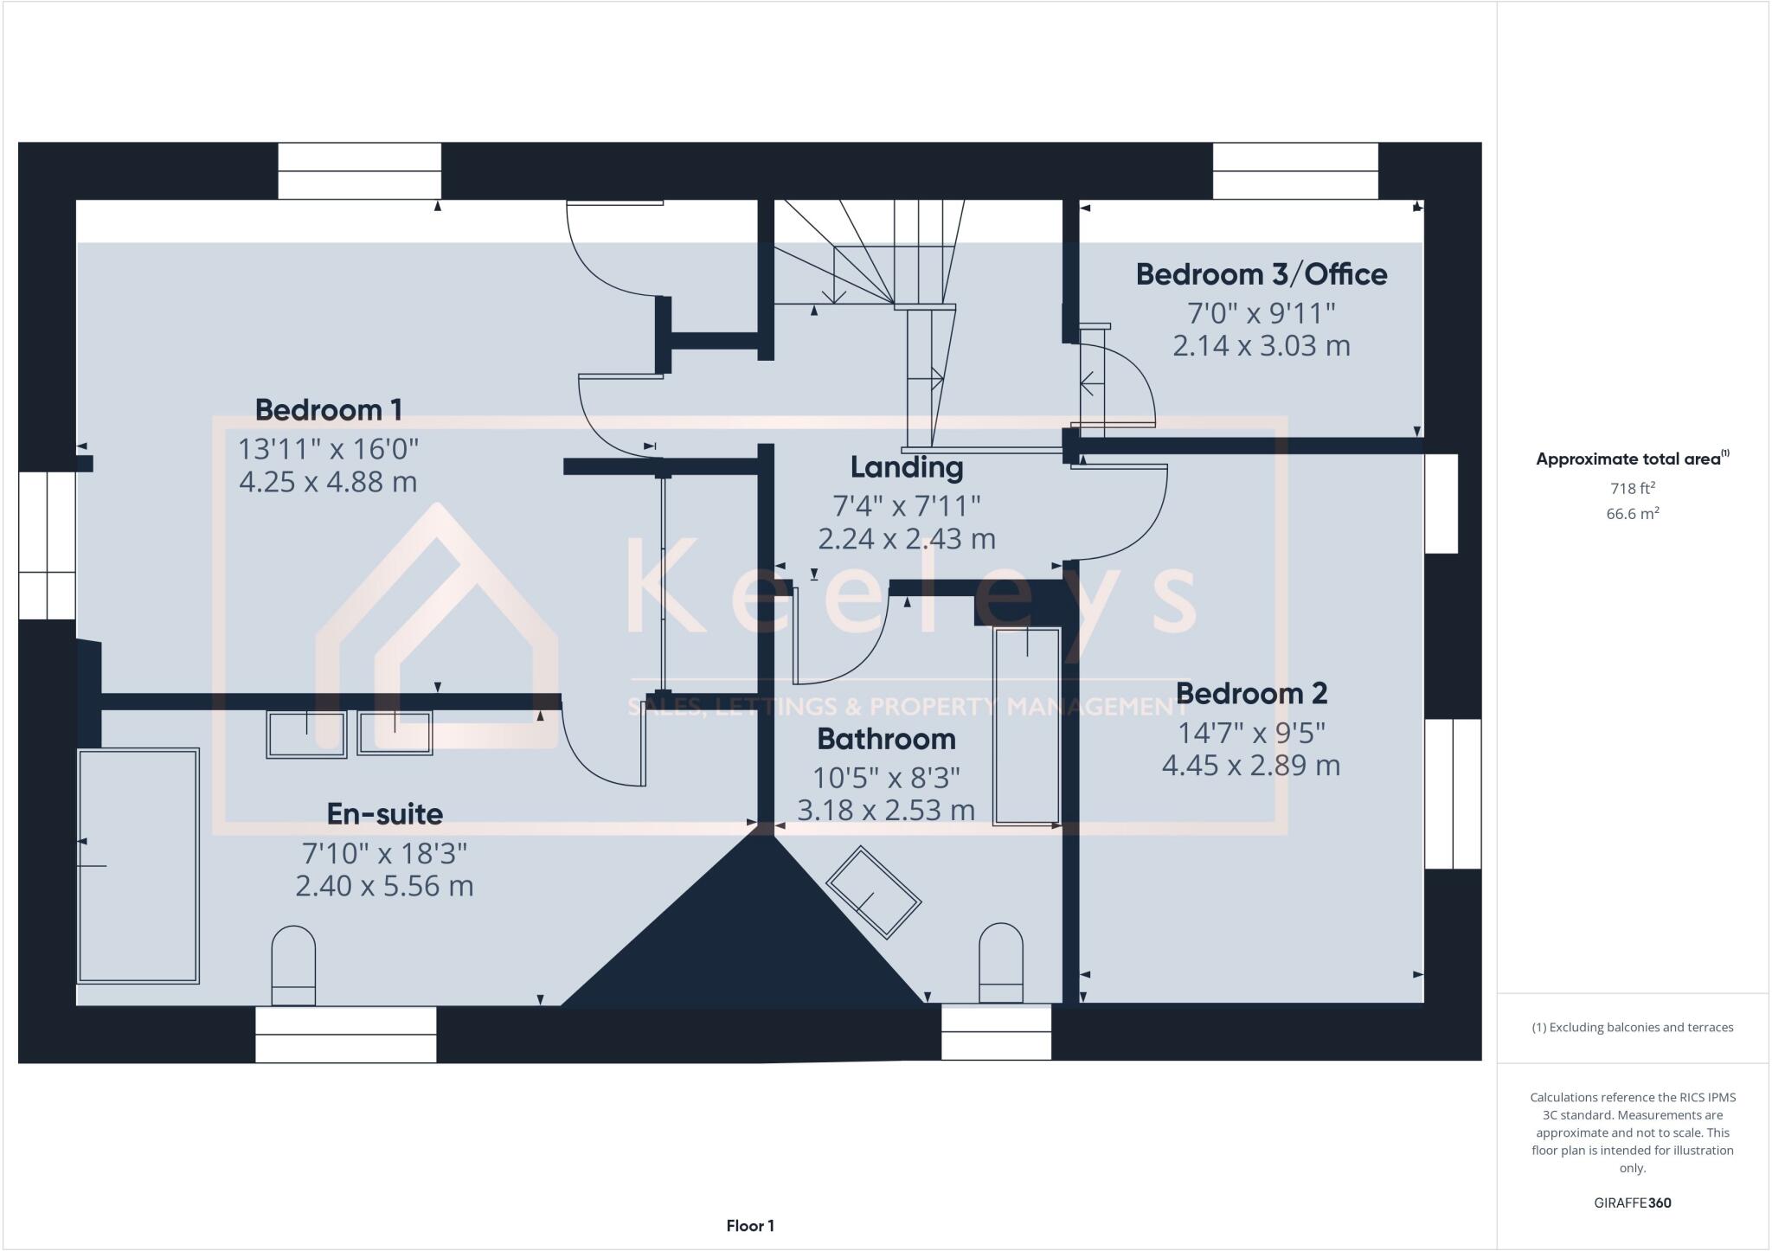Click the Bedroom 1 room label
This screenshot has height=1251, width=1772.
328,409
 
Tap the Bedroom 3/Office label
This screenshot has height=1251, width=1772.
1261,274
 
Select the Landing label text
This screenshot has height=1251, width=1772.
906,467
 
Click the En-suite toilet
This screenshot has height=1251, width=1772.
293,965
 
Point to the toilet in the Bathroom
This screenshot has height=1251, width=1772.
1000,962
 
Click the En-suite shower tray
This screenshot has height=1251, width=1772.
138,865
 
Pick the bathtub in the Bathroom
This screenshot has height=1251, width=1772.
1026,726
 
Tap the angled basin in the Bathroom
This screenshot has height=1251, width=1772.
873,892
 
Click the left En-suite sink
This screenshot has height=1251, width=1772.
306,735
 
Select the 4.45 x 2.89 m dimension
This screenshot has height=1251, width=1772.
1250,766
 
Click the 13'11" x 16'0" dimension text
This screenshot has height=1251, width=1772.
328,449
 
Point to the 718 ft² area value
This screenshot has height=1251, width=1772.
1632,488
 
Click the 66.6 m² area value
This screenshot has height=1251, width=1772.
1632,514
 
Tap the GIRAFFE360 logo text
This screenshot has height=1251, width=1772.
1632,1203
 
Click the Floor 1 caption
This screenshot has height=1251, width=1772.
749,1226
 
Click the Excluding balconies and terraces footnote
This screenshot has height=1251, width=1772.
1632,1028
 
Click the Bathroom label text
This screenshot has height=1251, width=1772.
886,739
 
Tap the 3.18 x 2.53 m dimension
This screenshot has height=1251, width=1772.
886,811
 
